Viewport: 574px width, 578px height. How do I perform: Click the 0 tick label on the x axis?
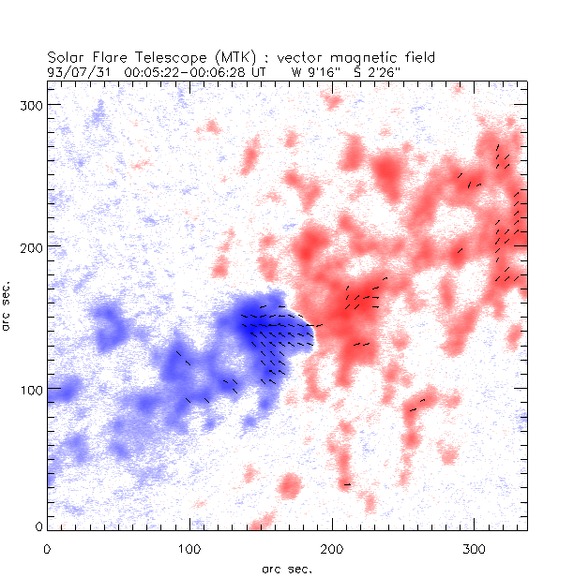pyautogui.click(x=47, y=548)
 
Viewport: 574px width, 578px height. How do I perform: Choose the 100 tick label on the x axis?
pyautogui.click(x=189, y=548)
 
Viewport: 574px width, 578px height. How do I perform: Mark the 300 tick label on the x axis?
pyautogui.click(x=474, y=548)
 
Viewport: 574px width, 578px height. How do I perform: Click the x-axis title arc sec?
pyautogui.click(x=286, y=568)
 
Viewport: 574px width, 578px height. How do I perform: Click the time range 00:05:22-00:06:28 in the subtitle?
pyautogui.click(x=179, y=71)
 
